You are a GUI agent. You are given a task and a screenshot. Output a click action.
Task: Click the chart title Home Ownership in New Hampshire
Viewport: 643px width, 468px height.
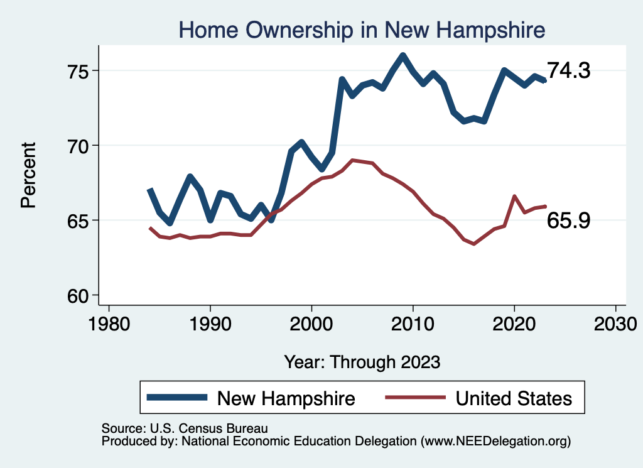point(361,30)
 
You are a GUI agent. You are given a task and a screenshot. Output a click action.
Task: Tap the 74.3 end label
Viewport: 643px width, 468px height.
point(569,71)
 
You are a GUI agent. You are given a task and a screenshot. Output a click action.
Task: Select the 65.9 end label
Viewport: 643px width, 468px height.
point(569,220)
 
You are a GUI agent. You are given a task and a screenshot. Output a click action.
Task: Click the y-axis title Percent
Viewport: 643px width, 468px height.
point(29,175)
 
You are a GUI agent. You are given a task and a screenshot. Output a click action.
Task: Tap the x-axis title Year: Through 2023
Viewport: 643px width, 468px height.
point(362,362)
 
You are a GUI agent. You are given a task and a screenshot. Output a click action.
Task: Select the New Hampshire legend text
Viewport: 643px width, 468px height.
point(286,398)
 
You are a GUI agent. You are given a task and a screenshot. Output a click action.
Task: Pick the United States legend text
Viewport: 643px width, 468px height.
point(514,398)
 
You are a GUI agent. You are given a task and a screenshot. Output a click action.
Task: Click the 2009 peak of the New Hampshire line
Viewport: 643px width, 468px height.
point(403,55)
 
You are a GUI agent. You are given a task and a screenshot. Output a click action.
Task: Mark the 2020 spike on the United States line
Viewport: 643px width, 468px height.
point(514,197)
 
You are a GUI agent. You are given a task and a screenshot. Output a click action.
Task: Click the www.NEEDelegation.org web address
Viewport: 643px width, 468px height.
point(495,442)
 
